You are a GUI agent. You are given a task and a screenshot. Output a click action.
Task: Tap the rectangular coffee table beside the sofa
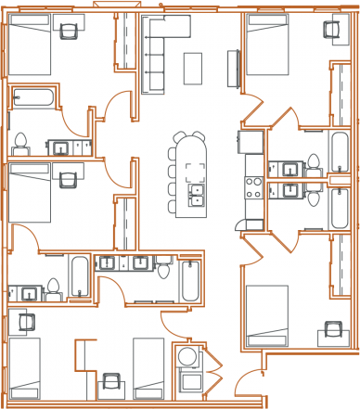193,67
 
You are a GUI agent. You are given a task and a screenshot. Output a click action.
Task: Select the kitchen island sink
195,192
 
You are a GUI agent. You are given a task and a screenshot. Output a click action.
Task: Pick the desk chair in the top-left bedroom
68,31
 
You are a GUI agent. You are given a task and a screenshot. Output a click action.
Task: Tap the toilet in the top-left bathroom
20,143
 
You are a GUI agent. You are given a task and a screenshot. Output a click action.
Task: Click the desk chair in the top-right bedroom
331,30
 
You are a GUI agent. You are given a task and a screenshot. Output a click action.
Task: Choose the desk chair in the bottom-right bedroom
331,329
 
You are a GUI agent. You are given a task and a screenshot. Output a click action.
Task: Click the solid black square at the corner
311,381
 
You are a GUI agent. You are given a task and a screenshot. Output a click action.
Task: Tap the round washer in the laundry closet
188,358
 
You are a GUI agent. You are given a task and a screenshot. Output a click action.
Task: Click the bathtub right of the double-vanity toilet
190,281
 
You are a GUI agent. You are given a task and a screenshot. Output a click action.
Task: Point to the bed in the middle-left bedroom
28,191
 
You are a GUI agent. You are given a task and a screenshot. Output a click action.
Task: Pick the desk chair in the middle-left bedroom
68,179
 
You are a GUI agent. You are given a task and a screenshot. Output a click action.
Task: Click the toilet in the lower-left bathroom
53,288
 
